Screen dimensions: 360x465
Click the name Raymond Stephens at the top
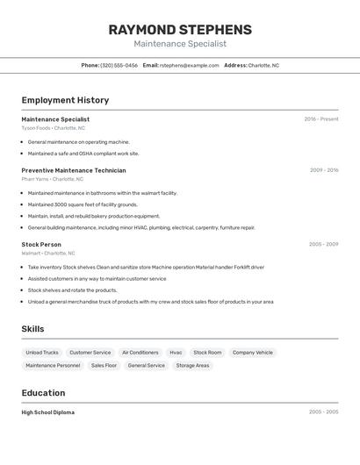pyautogui.click(x=180, y=30)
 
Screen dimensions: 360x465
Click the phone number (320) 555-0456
pyautogui.click(x=119, y=65)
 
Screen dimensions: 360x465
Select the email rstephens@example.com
pyautogui.click(x=189, y=65)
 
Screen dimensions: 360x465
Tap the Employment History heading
pyautogui.click(x=65, y=100)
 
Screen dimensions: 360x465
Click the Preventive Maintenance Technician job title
pyautogui.click(x=74, y=170)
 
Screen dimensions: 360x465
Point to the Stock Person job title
pyautogui.click(x=41, y=244)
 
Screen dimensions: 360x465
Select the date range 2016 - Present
pyautogui.click(x=321, y=119)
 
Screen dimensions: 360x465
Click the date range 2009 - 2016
pyautogui.click(x=324, y=170)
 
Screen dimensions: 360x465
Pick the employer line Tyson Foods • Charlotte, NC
pyautogui.click(x=54, y=128)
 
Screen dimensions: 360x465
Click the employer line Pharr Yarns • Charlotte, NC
pyautogui.click(x=53, y=179)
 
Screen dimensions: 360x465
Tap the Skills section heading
pyautogui.click(x=32, y=329)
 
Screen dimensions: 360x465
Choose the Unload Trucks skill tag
pyautogui.click(x=42, y=353)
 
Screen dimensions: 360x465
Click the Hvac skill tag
pyautogui.click(x=176, y=353)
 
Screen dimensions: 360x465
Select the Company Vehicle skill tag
pyautogui.click(x=252, y=353)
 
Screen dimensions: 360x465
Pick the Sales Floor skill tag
pyautogui.click(x=104, y=366)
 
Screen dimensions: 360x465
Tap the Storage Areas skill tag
pyautogui.click(x=192, y=366)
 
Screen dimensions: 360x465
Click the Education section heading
pyautogui.click(x=43, y=393)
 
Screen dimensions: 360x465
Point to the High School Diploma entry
pyautogui.click(x=48, y=412)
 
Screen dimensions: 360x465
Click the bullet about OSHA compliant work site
pyautogui.click(x=83, y=154)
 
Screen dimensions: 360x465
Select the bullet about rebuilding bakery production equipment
pyautogui.click(x=94, y=216)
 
